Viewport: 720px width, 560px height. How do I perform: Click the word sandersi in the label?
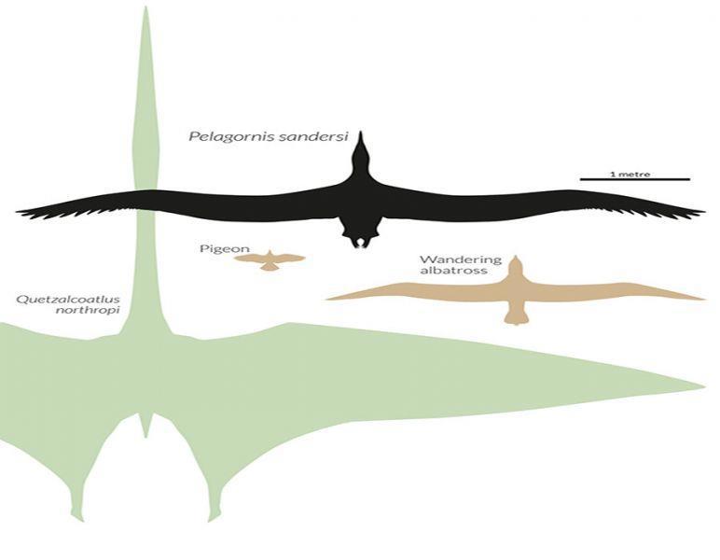tap(308, 135)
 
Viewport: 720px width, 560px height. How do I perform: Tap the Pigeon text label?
tap(215, 249)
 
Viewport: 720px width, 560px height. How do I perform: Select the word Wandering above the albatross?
tap(447, 259)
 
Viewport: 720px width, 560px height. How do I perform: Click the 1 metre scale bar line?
tap(634, 178)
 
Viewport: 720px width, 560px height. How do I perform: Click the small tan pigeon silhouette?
tap(270, 259)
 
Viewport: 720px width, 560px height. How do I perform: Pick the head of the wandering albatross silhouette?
tap(515, 265)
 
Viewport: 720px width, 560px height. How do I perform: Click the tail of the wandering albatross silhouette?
tap(516, 317)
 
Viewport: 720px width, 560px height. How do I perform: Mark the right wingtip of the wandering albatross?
tap(702, 299)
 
